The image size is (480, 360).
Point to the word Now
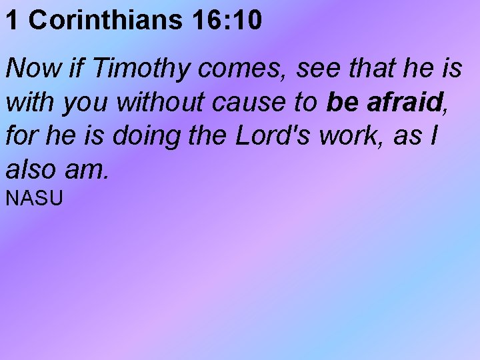pyautogui.click(x=29, y=68)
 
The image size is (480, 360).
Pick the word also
pyautogui.click(x=29, y=171)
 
